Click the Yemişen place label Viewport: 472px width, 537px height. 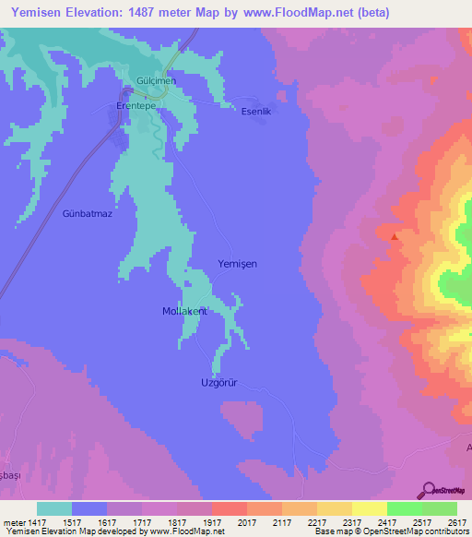click(237, 264)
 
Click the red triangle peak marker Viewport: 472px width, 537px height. click(395, 236)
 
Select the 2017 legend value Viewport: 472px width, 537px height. click(248, 521)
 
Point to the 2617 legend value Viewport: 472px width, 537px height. click(456, 521)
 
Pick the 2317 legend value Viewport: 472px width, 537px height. click(352, 521)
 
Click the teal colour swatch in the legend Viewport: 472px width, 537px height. click(54, 508)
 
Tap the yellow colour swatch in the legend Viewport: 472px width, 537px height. click(369, 508)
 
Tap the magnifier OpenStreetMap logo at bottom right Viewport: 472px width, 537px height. click(427, 491)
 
